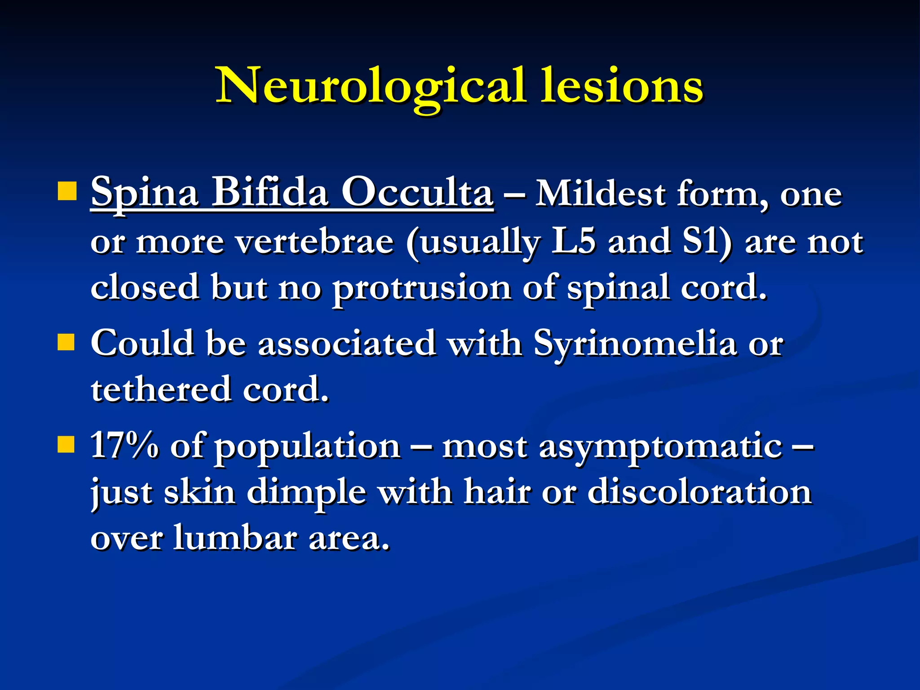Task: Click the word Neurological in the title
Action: coord(371,85)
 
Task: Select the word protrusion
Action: coord(421,287)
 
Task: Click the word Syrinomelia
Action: coord(635,343)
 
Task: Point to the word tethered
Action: coord(161,389)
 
